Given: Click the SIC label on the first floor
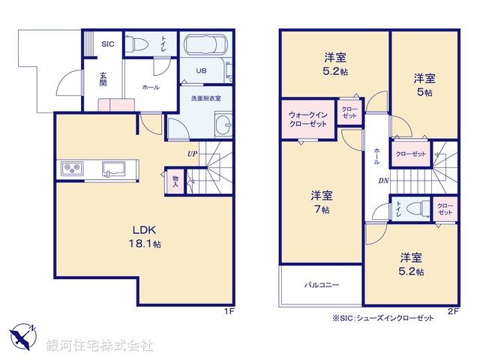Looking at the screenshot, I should coord(107,44).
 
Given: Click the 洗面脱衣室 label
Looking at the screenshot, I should coord(205,98).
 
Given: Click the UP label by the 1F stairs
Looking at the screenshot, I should coord(193,155).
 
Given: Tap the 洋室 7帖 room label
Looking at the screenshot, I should coord(322,202).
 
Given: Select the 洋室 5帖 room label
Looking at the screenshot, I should coord(424,84).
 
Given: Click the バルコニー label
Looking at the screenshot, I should coord(322,286).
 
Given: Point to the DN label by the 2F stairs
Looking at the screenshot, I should coord(383,181).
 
